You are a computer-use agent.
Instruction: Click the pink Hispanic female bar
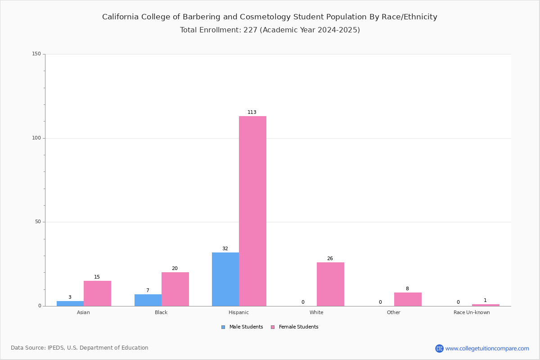coord(252,211)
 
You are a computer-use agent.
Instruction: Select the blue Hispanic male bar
coord(225,279)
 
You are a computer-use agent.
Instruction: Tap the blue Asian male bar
coord(70,304)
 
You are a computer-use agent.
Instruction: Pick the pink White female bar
coord(330,284)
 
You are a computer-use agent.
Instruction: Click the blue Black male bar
coord(148,300)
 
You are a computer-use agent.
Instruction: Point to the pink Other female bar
coord(408,299)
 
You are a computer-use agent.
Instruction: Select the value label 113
coord(252,112)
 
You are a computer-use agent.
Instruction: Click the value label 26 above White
coord(330,258)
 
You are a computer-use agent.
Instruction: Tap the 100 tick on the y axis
coord(36,138)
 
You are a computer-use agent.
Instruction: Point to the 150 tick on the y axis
coord(36,54)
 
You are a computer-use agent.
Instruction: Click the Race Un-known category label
coord(472,312)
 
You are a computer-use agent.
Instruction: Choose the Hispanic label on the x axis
coord(238,312)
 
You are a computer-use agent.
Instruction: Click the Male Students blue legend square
coord(223,327)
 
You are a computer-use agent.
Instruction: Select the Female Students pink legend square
coord(273,327)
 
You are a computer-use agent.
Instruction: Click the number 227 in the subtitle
coord(250,30)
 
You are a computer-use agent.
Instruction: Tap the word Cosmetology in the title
coord(265,17)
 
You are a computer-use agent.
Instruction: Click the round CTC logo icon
coord(439,348)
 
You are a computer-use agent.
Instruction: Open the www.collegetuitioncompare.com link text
coord(487,348)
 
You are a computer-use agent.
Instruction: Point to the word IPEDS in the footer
coord(56,348)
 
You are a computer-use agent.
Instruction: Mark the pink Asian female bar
coord(97,293)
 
